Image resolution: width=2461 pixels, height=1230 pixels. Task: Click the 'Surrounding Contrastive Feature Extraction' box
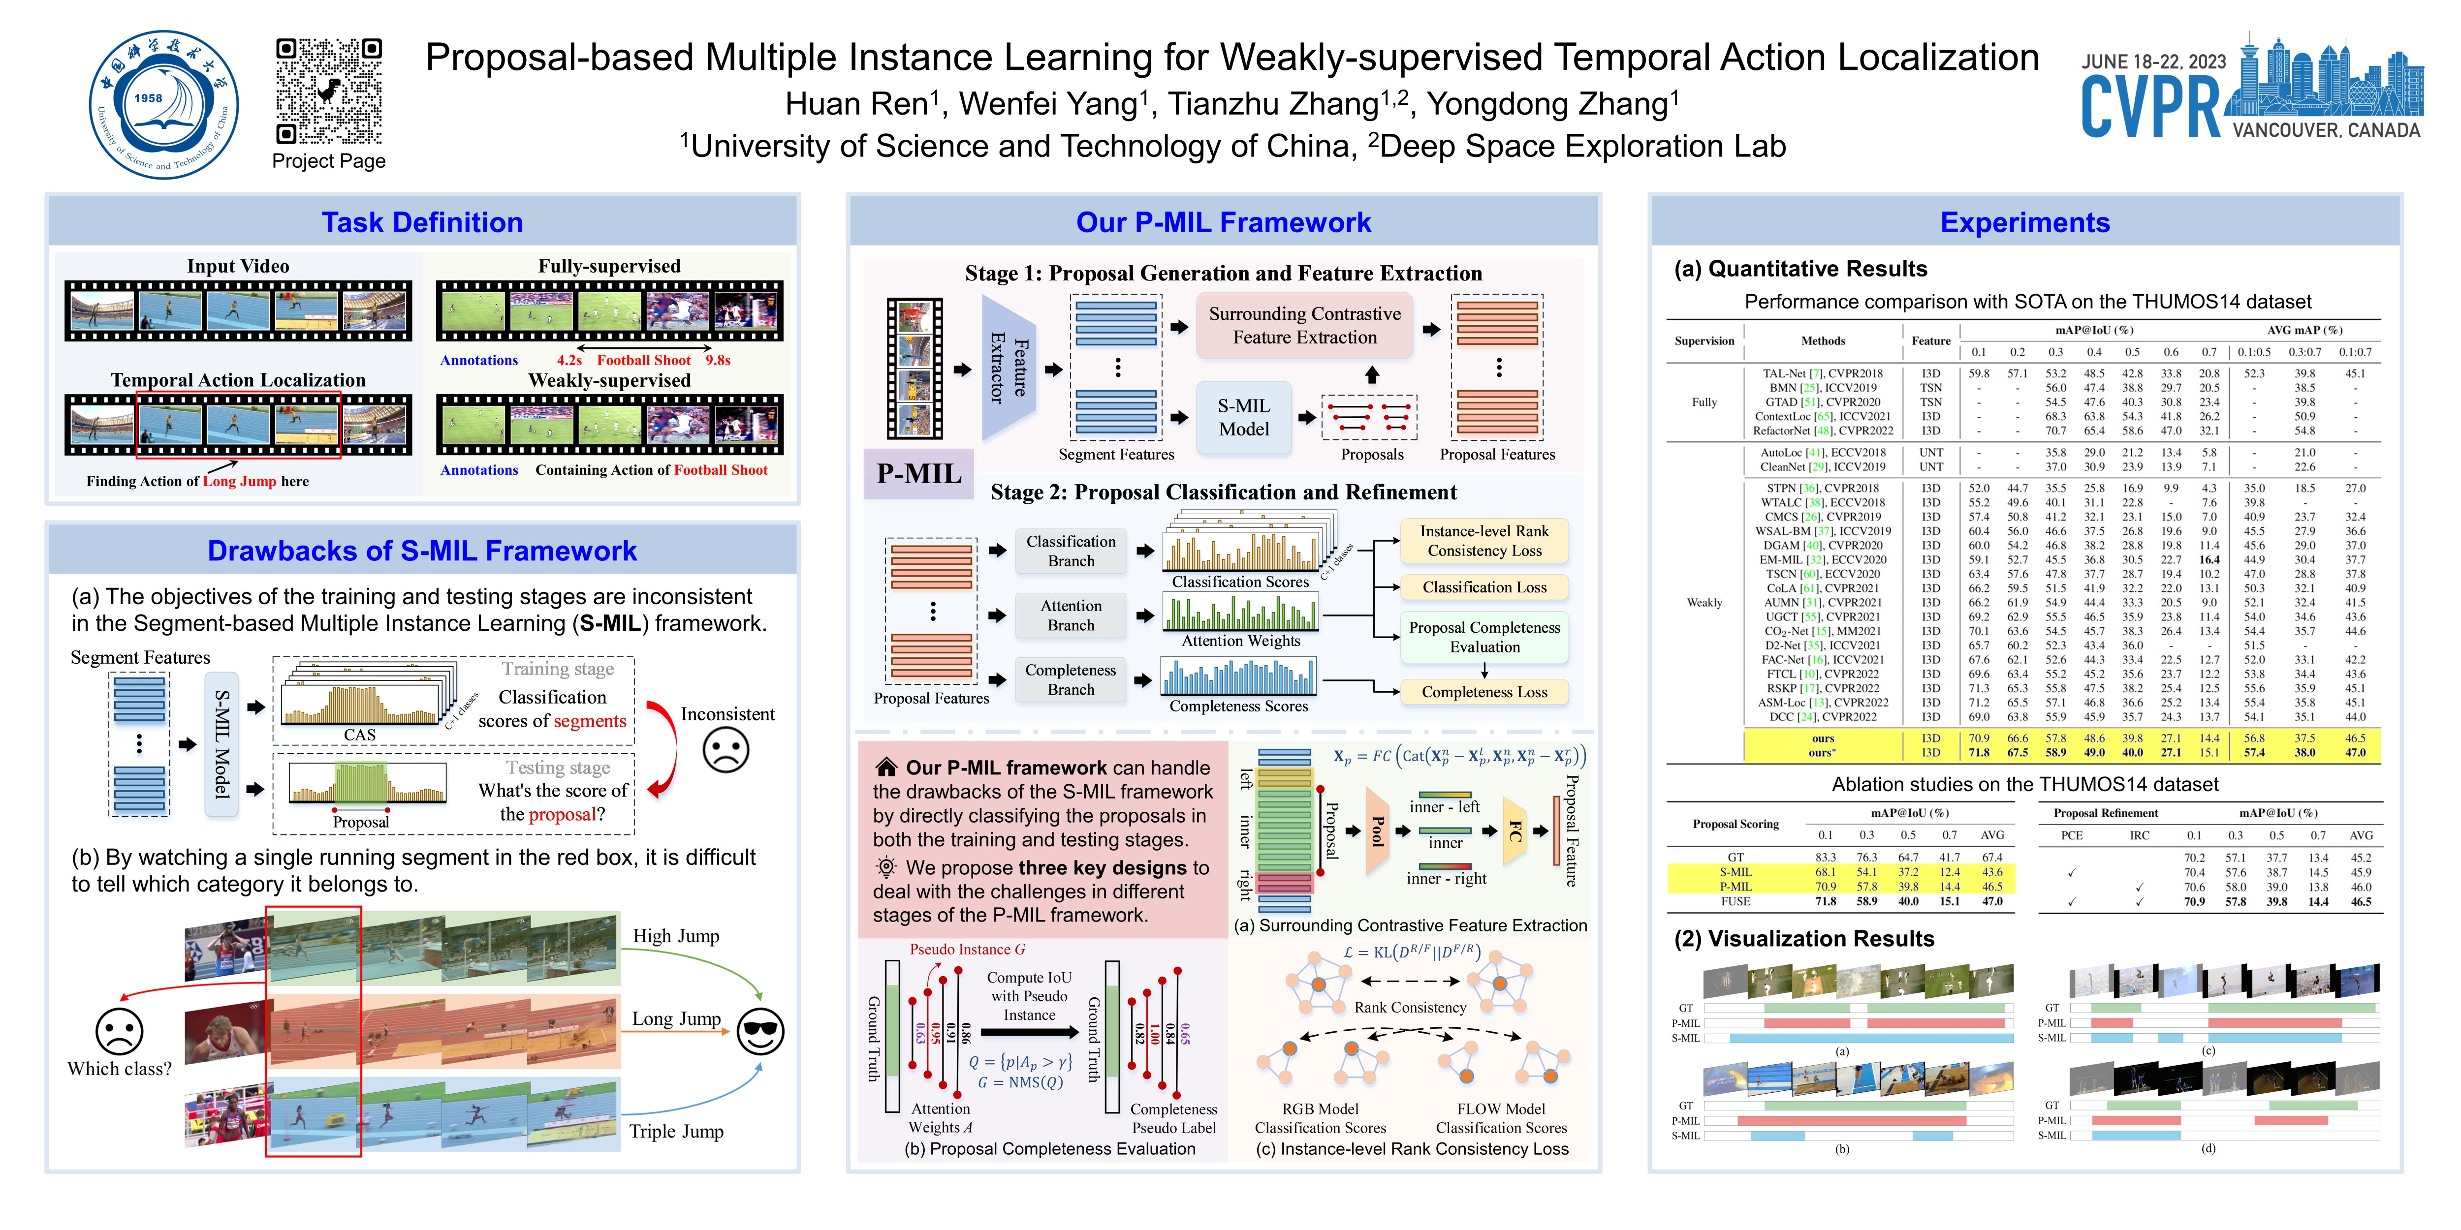(x=1304, y=326)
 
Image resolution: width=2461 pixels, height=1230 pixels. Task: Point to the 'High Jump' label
(x=675, y=936)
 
